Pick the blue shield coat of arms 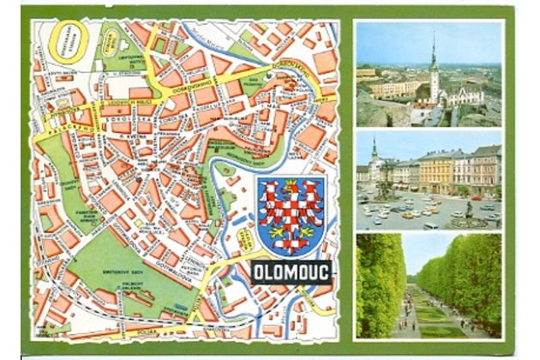(x=291, y=217)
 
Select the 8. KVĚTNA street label (x=135, y=136)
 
